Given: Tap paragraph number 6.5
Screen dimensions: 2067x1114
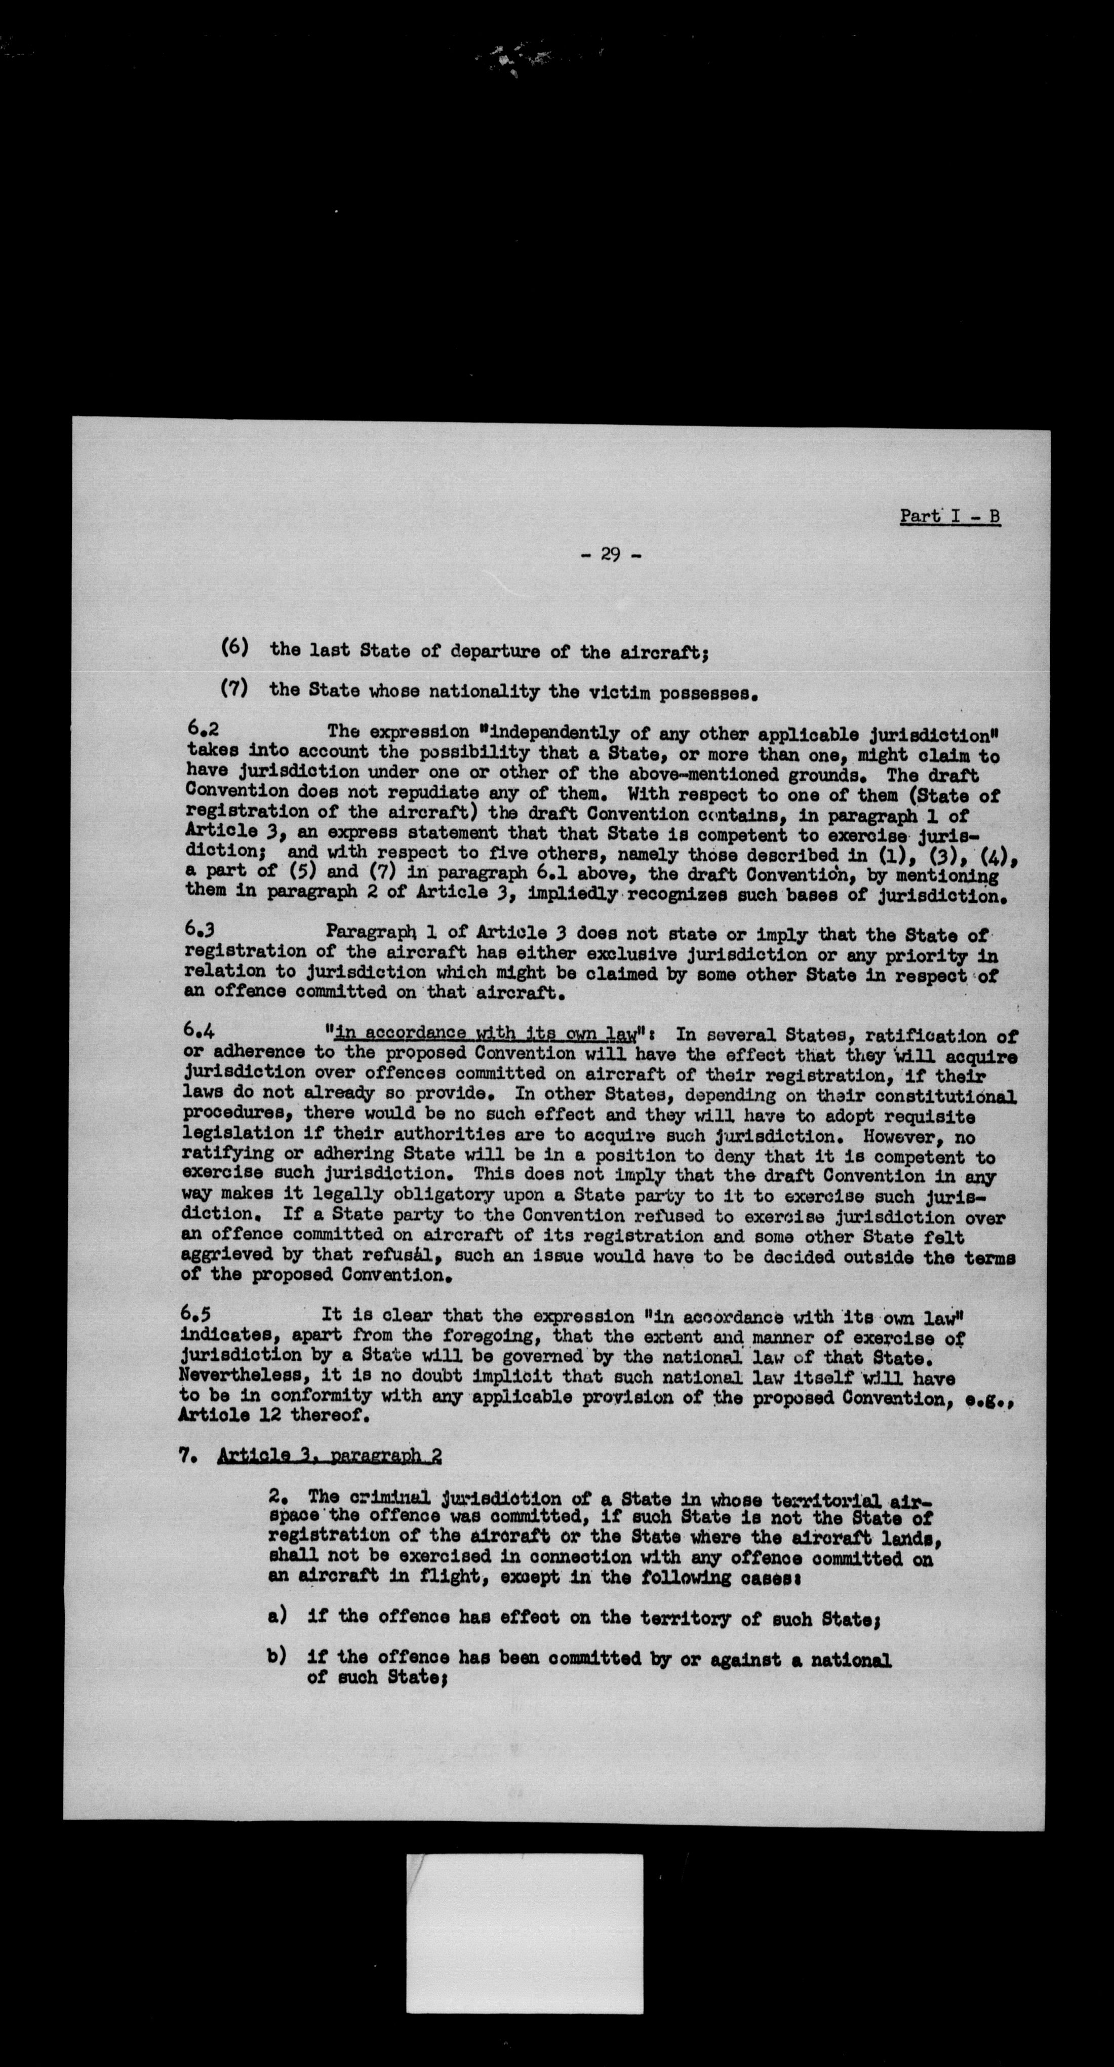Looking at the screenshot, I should [197, 1314].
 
